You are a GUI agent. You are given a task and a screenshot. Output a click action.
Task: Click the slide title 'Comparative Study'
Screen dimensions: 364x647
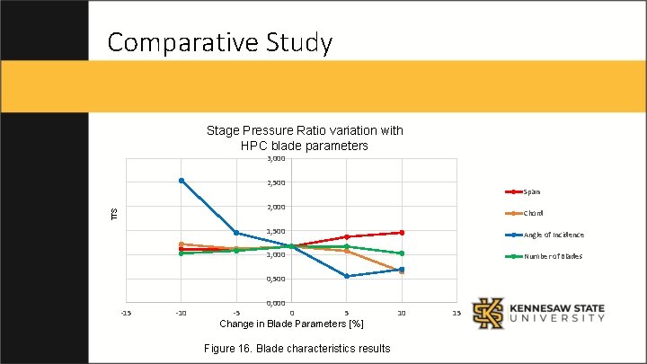point(219,42)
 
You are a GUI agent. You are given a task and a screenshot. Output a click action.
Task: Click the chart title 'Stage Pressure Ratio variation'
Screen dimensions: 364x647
point(305,138)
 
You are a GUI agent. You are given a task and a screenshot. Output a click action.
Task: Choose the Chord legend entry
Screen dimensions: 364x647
point(533,213)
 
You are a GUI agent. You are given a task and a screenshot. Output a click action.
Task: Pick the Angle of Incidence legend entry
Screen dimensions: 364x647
point(554,235)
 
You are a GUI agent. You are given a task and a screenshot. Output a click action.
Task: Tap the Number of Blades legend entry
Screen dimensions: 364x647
point(553,256)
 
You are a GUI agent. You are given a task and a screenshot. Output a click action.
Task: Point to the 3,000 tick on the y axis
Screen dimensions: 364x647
point(277,159)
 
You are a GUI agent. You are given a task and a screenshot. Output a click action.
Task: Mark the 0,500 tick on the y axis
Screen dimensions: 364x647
point(277,279)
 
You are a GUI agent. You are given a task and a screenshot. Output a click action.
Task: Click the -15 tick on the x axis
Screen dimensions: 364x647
point(126,313)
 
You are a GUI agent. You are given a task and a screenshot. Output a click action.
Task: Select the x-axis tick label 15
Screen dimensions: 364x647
point(456,313)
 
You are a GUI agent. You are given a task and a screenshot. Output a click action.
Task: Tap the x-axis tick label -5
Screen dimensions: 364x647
point(236,313)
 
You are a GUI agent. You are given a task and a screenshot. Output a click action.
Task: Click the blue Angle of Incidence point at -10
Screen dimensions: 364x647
point(182,181)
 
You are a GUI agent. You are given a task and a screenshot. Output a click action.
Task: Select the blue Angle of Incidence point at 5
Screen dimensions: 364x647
point(347,276)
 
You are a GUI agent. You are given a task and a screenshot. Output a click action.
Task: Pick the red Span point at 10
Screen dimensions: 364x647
point(402,233)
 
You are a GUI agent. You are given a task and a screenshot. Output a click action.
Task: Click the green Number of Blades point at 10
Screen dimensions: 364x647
point(402,253)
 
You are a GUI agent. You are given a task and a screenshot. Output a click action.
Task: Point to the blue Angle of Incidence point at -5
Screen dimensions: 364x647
point(236,233)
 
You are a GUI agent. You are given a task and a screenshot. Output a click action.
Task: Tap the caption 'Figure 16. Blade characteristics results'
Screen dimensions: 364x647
point(297,348)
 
